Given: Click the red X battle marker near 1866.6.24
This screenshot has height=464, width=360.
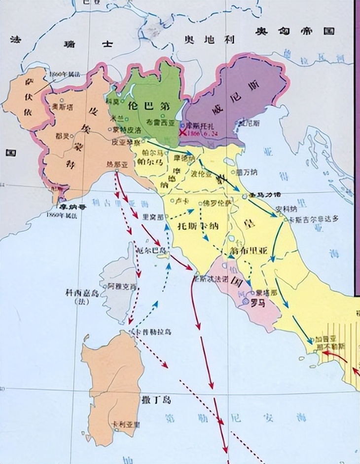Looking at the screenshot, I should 183,133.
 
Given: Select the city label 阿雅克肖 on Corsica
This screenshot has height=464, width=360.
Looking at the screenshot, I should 122,286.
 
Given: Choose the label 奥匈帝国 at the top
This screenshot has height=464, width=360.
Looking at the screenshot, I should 294,31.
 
